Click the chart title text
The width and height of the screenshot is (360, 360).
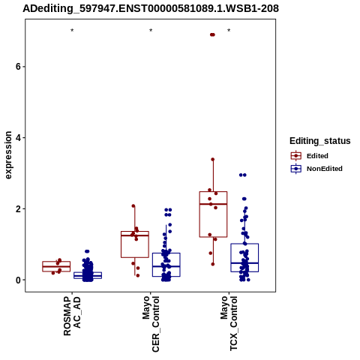click(151, 9)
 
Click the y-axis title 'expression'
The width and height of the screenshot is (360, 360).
click(8, 155)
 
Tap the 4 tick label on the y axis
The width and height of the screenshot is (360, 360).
click(18, 138)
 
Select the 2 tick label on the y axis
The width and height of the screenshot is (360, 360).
click(18, 208)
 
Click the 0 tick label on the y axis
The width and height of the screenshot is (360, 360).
click(18, 280)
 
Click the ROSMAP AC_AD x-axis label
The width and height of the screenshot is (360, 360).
click(72, 316)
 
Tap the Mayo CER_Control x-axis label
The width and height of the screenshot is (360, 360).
click(151, 324)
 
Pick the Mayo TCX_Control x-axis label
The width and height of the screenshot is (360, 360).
click(229, 323)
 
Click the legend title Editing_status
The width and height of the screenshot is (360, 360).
click(320, 141)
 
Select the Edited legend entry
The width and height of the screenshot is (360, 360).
click(310, 156)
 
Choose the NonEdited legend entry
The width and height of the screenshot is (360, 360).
click(316, 169)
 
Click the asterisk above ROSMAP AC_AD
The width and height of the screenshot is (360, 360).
click(72, 31)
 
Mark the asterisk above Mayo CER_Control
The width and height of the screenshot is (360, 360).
click(151, 31)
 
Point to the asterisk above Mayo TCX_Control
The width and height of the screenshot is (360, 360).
click(229, 31)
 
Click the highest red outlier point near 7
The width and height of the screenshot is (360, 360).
click(212, 34)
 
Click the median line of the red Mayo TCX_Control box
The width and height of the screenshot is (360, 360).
click(213, 204)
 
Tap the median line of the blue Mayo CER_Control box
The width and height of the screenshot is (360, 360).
click(166, 266)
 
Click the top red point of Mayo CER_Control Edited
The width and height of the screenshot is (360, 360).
click(133, 206)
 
